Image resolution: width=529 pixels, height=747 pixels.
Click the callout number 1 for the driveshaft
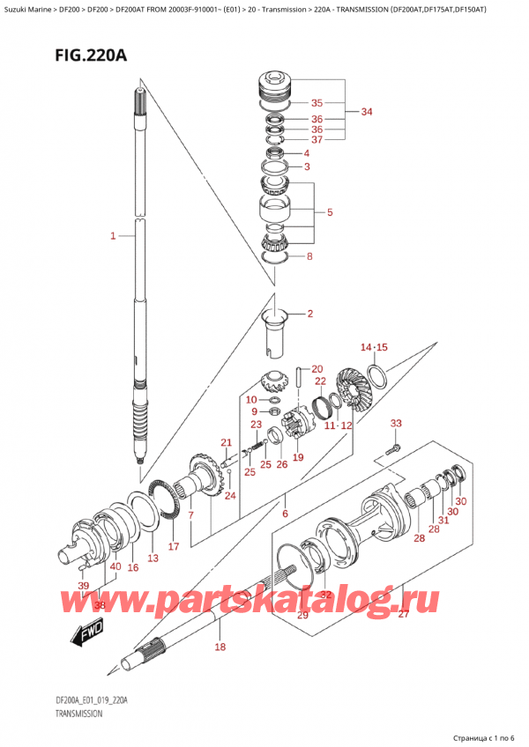coord(113,235)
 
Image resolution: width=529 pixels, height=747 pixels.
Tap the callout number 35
coord(317,102)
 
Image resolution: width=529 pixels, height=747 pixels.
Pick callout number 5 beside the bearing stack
coord(329,212)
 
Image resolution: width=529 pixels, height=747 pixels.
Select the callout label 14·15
coord(374,348)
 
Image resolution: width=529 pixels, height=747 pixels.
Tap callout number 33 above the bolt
coord(396,424)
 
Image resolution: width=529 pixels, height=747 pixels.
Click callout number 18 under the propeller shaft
coord(220,647)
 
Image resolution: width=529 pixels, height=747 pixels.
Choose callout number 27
coord(403,614)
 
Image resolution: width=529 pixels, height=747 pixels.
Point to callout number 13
coord(153,558)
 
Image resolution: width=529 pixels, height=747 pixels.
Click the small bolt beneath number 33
coord(391,452)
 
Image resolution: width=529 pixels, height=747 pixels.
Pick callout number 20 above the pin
coord(317,369)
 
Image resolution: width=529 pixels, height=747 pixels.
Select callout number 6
coord(285,513)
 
